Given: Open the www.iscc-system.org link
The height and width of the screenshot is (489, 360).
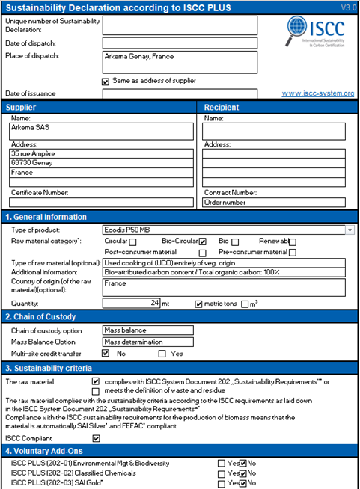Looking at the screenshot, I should (x=317, y=93).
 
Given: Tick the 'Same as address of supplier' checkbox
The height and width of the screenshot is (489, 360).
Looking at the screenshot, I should (x=106, y=81).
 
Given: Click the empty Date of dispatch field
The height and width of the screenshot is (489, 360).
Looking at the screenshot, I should (x=180, y=43).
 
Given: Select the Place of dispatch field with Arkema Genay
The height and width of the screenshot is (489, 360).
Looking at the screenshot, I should (x=180, y=61).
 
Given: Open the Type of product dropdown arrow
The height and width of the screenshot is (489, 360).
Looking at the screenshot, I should (x=350, y=230).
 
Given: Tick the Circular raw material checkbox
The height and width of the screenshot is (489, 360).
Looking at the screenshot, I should (x=132, y=242).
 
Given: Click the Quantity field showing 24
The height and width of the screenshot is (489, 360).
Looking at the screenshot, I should (x=132, y=303).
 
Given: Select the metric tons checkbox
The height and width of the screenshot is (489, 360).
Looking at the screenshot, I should (x=198, y=304).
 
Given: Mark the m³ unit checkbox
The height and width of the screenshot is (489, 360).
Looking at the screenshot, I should (x=245, y=304).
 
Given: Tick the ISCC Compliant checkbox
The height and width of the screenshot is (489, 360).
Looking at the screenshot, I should (x=95, y=438).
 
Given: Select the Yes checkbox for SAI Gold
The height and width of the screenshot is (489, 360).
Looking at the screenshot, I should (x=221, y=483).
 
